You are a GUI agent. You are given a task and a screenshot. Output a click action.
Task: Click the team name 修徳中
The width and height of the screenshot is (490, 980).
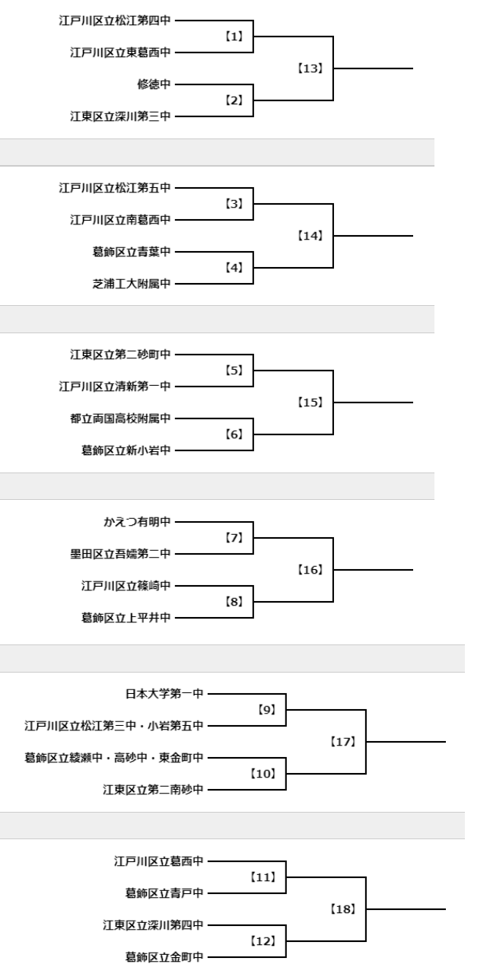click(154, 84)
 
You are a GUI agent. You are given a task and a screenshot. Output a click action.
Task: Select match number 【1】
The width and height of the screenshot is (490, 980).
click(234, 37)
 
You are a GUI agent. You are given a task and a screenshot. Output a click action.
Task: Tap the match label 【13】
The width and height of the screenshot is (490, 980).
click(310, 68)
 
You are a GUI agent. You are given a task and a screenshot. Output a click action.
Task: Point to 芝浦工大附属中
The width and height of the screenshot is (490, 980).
click(131, 284)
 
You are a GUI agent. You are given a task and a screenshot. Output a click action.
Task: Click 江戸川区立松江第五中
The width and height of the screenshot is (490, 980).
click(115, 188)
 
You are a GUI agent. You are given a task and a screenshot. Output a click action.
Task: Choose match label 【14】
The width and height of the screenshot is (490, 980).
click(310, 236)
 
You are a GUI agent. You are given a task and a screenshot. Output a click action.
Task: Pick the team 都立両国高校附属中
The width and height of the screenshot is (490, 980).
click(120, 418)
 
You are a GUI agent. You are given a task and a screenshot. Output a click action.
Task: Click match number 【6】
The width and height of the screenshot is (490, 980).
click(234, 434)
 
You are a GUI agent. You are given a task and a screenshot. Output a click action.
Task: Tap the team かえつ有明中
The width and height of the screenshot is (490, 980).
click(137, 521)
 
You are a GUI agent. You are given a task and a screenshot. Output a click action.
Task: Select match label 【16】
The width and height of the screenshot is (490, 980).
click(310, 570)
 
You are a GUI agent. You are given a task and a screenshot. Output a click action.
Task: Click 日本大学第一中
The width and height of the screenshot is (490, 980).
click(164, 693)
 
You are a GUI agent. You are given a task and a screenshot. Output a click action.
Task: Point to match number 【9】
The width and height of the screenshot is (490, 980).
click(266, 710)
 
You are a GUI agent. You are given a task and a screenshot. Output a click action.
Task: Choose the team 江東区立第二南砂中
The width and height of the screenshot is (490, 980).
click(153, 789)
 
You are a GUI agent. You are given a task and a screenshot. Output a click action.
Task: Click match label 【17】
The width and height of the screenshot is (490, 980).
click(343, 742)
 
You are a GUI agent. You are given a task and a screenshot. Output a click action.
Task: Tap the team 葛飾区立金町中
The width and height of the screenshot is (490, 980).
click(164, 957)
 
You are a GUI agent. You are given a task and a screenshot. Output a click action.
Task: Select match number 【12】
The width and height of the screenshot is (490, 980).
click(263, 940)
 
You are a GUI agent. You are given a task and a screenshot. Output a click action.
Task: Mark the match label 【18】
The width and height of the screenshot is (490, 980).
click(343, 909)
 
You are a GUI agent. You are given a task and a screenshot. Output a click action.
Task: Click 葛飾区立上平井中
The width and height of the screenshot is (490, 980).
click(126, 617)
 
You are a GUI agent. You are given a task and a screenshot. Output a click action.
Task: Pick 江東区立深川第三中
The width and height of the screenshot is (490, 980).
click(120, 116)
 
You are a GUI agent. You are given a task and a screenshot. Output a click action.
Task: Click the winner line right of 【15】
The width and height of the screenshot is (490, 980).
click(373, 402)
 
